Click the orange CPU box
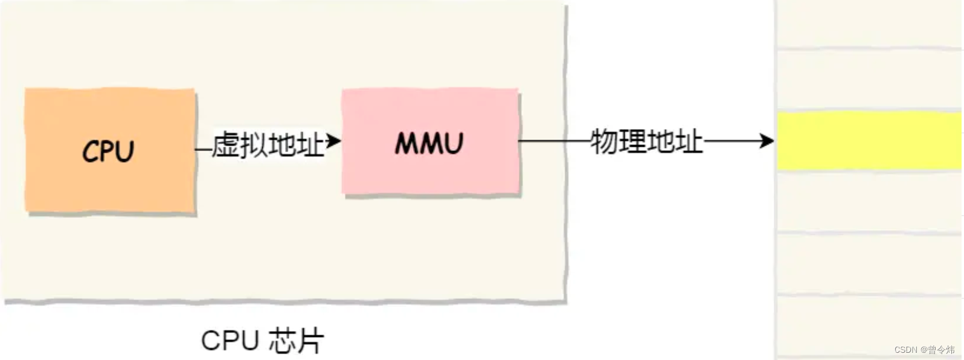(110, 150)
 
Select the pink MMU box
(429, 143)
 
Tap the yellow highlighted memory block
(869, 141)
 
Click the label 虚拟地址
(268, 144)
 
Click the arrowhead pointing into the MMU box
(334, 141)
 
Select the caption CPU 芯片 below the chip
(262, 341)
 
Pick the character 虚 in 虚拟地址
(226, 144)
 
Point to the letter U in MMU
(451, 144)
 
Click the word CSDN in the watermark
(906, 350)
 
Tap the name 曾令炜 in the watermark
(942, 350)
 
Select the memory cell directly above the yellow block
(869, 80)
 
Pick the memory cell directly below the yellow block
(869, 201)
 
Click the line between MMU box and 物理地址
(553, 141)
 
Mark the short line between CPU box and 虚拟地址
(204, 149)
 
